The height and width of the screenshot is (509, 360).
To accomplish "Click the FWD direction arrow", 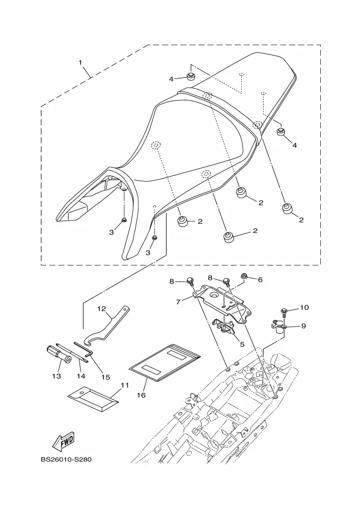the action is pos(64,441).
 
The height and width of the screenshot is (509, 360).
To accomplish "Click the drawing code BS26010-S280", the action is pos(66,459).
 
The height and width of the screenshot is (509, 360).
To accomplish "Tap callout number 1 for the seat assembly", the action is pos(81,62).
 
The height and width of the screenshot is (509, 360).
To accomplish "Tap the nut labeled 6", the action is pos(243,277).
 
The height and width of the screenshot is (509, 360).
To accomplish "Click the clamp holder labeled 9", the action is pos(278,327).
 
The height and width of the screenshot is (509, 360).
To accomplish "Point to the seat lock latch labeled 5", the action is pos(224,327).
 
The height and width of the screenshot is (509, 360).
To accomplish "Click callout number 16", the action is pos(141,395).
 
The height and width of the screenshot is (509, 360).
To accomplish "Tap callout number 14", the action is pos(81,376).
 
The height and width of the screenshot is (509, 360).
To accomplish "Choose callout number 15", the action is pos(106,377).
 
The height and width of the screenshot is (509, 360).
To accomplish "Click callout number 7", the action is pos(178,302).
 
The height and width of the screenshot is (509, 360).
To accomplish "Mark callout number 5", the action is pos(242,344).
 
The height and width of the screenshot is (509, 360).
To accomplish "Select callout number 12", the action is pos(102,308).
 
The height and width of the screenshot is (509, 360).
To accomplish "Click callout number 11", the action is pos(125,385).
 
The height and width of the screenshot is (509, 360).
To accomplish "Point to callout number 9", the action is pos(303,326).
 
